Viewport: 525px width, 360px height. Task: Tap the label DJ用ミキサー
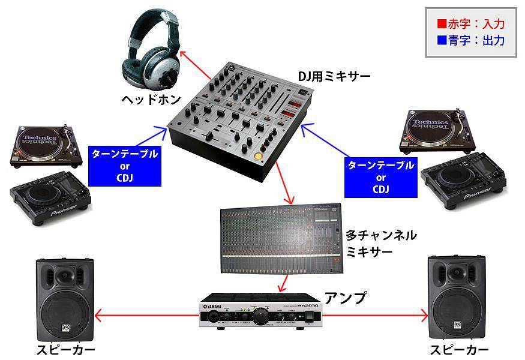[x=334, y=77]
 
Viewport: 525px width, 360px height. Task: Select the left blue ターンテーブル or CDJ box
[x=125, y=166]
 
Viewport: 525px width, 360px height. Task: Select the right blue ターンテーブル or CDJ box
[x=381, y=178]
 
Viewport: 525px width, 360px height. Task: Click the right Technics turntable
[x=437, y=131]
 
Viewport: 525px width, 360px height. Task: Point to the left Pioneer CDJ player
[x=50, y=197]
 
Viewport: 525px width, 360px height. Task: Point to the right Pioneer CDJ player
[x=464, y=180]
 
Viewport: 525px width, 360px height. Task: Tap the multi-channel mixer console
[x=281, y=239]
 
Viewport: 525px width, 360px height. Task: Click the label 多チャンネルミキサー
[x=381, y=244]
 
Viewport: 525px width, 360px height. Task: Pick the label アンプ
[x=346, y=298]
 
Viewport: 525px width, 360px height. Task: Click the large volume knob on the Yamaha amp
[x=260, y=316]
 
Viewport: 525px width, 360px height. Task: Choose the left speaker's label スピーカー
[x=66, y=350]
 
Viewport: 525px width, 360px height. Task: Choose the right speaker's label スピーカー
[x=460, y=350]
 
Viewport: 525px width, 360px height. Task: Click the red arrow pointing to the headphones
[x=196, y=66]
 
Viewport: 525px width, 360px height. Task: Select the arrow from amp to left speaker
[x=147, y=316]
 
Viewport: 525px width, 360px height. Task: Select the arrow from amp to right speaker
[x=374, y=316]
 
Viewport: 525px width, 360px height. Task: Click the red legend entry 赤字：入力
[x=471, y=24]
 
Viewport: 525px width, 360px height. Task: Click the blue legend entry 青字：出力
[x=471, y=41]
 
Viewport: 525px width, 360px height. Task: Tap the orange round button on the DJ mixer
[x=259, y=156]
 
